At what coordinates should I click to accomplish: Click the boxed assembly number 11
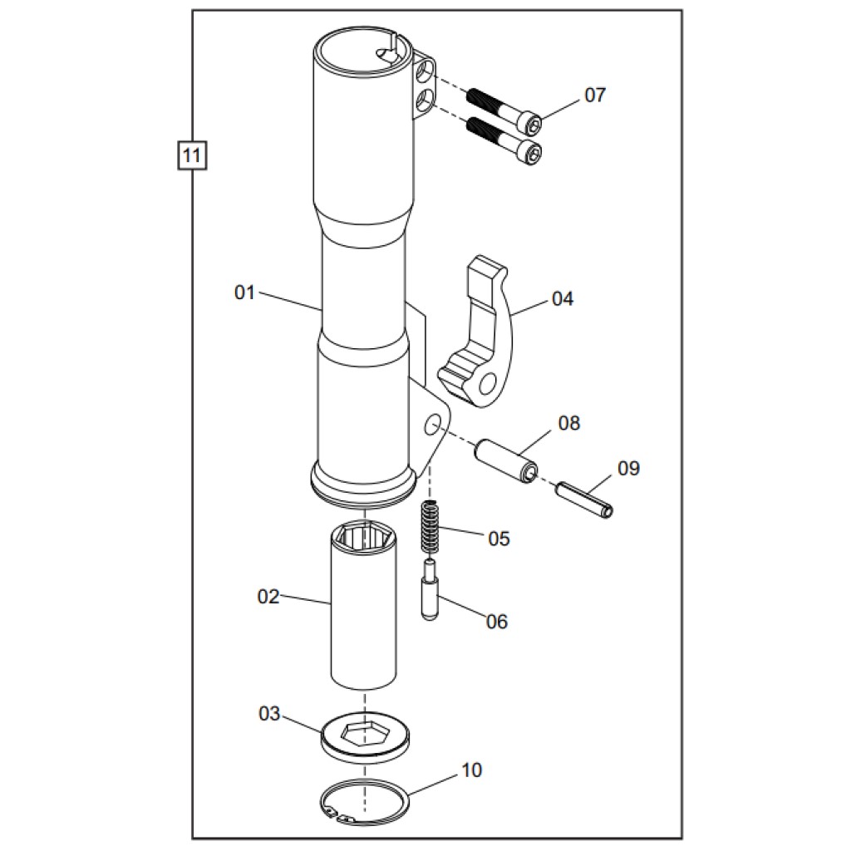[x=192, y=155]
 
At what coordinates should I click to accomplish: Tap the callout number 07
[x=595, y=95]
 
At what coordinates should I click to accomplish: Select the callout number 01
[x=244, y=293]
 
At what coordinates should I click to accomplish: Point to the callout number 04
[x=563, y=298]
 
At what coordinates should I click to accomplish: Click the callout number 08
[x=569, y=423]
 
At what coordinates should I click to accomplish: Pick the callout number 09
[x=628, y=469]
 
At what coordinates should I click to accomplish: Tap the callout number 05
[x=499, y=539]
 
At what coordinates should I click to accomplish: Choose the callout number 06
[x=497, y=622]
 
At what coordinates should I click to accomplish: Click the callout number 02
[x=268, y=597]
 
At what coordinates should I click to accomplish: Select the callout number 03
[x=269, y=714]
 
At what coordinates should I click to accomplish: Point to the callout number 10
[x=471, y=770]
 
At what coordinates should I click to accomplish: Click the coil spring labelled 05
[x=429, y=527]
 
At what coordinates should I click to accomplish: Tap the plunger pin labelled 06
[x=430, y=590]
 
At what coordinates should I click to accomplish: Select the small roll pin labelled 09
[x=584, y=499]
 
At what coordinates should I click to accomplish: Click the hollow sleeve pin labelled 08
[x=506, y=460]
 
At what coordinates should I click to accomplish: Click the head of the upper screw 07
[x=531, y=123]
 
